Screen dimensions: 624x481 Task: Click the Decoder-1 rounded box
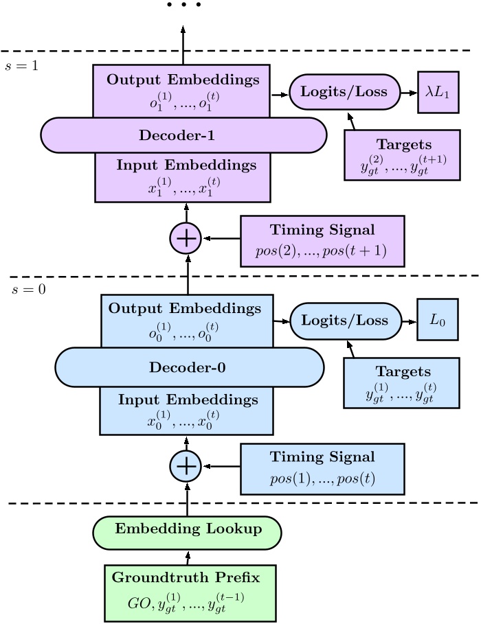(183, 135)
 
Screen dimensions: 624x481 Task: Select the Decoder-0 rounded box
(188, 367)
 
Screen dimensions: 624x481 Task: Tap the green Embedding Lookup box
(187, 529)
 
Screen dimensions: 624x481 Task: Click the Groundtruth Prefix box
(190, 592)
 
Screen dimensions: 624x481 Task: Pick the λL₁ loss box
(438, 91)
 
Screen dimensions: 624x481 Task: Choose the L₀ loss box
(437, 320)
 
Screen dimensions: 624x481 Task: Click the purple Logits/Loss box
(344, 91)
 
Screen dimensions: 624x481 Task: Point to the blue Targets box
(400, 383)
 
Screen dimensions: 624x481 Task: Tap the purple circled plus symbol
(186, 238)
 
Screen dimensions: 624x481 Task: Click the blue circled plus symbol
(186, 467)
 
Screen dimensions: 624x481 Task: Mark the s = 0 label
(30, 289)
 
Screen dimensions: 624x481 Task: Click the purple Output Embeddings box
(183, 89)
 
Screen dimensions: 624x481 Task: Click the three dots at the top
(183, 5)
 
